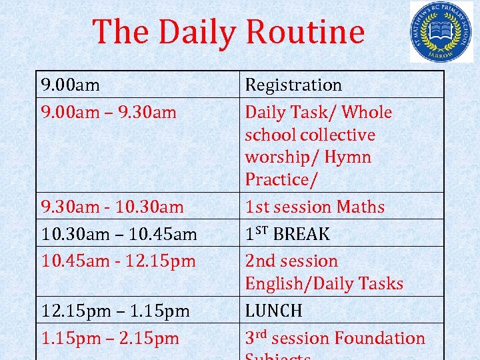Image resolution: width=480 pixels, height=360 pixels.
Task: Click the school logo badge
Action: [441, 32]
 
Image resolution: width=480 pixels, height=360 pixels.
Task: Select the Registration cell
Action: [293, 85]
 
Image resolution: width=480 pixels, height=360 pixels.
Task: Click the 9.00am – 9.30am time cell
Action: [109, 112]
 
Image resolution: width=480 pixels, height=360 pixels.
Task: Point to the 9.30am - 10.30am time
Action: [113, 207]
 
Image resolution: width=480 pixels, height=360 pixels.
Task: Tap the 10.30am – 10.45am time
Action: [119, 234]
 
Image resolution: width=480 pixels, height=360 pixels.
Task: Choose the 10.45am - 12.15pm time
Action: [118, 261]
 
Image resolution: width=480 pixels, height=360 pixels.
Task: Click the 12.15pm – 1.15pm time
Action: [115, 311]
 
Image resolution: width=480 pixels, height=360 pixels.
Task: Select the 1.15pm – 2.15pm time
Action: [110, 338]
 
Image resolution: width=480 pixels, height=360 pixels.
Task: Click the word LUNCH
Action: [273, 311]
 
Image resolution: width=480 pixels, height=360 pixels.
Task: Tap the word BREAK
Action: [301, 234]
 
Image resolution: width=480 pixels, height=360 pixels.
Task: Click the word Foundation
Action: [381, 338]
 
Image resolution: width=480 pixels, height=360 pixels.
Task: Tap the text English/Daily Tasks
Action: [324, 283]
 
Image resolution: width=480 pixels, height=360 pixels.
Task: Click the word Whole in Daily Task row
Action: [366, 112]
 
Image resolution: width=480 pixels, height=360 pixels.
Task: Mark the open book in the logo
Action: [441, 31]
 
